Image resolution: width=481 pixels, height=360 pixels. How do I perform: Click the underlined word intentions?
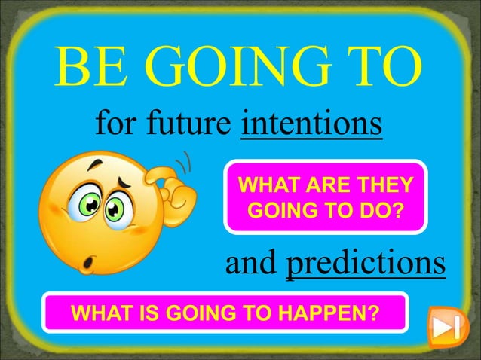pyautogui.click(x=312, y=125)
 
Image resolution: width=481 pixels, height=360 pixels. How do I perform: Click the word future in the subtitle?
pyautogui.click(x=194, y=125)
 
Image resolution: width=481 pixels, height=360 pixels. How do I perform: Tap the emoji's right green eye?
pyautogui.click(x=116, y=207)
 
